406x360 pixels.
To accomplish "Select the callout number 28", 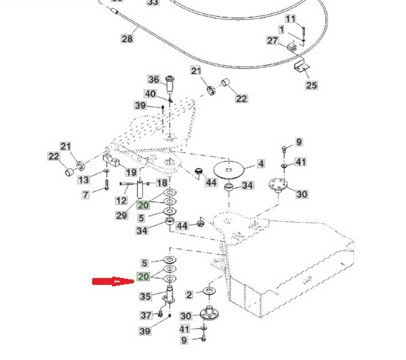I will tap(128, 39).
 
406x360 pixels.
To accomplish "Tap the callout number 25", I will tap(311, 85).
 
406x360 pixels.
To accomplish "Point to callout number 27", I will tap(272, 41).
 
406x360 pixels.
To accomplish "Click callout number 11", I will tap(291, 18).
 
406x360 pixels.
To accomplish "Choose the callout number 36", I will tap(154, 79).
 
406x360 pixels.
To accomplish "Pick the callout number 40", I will tap(150, 94).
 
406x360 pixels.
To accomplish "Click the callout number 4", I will tap(261, 164).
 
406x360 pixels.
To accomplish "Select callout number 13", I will tap(83, 180).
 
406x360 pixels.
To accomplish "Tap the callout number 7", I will tap(85, 195).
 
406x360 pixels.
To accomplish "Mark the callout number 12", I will tap(121, 200).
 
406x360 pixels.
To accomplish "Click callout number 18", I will tap(162, 183).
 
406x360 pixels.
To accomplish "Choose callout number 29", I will tap(121, 215).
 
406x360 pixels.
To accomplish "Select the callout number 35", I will tap(144, 296).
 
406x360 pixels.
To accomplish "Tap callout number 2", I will tap(189, 295).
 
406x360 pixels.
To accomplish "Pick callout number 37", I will tap(146, 316).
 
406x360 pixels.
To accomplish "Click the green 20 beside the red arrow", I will tap(143, 277).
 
